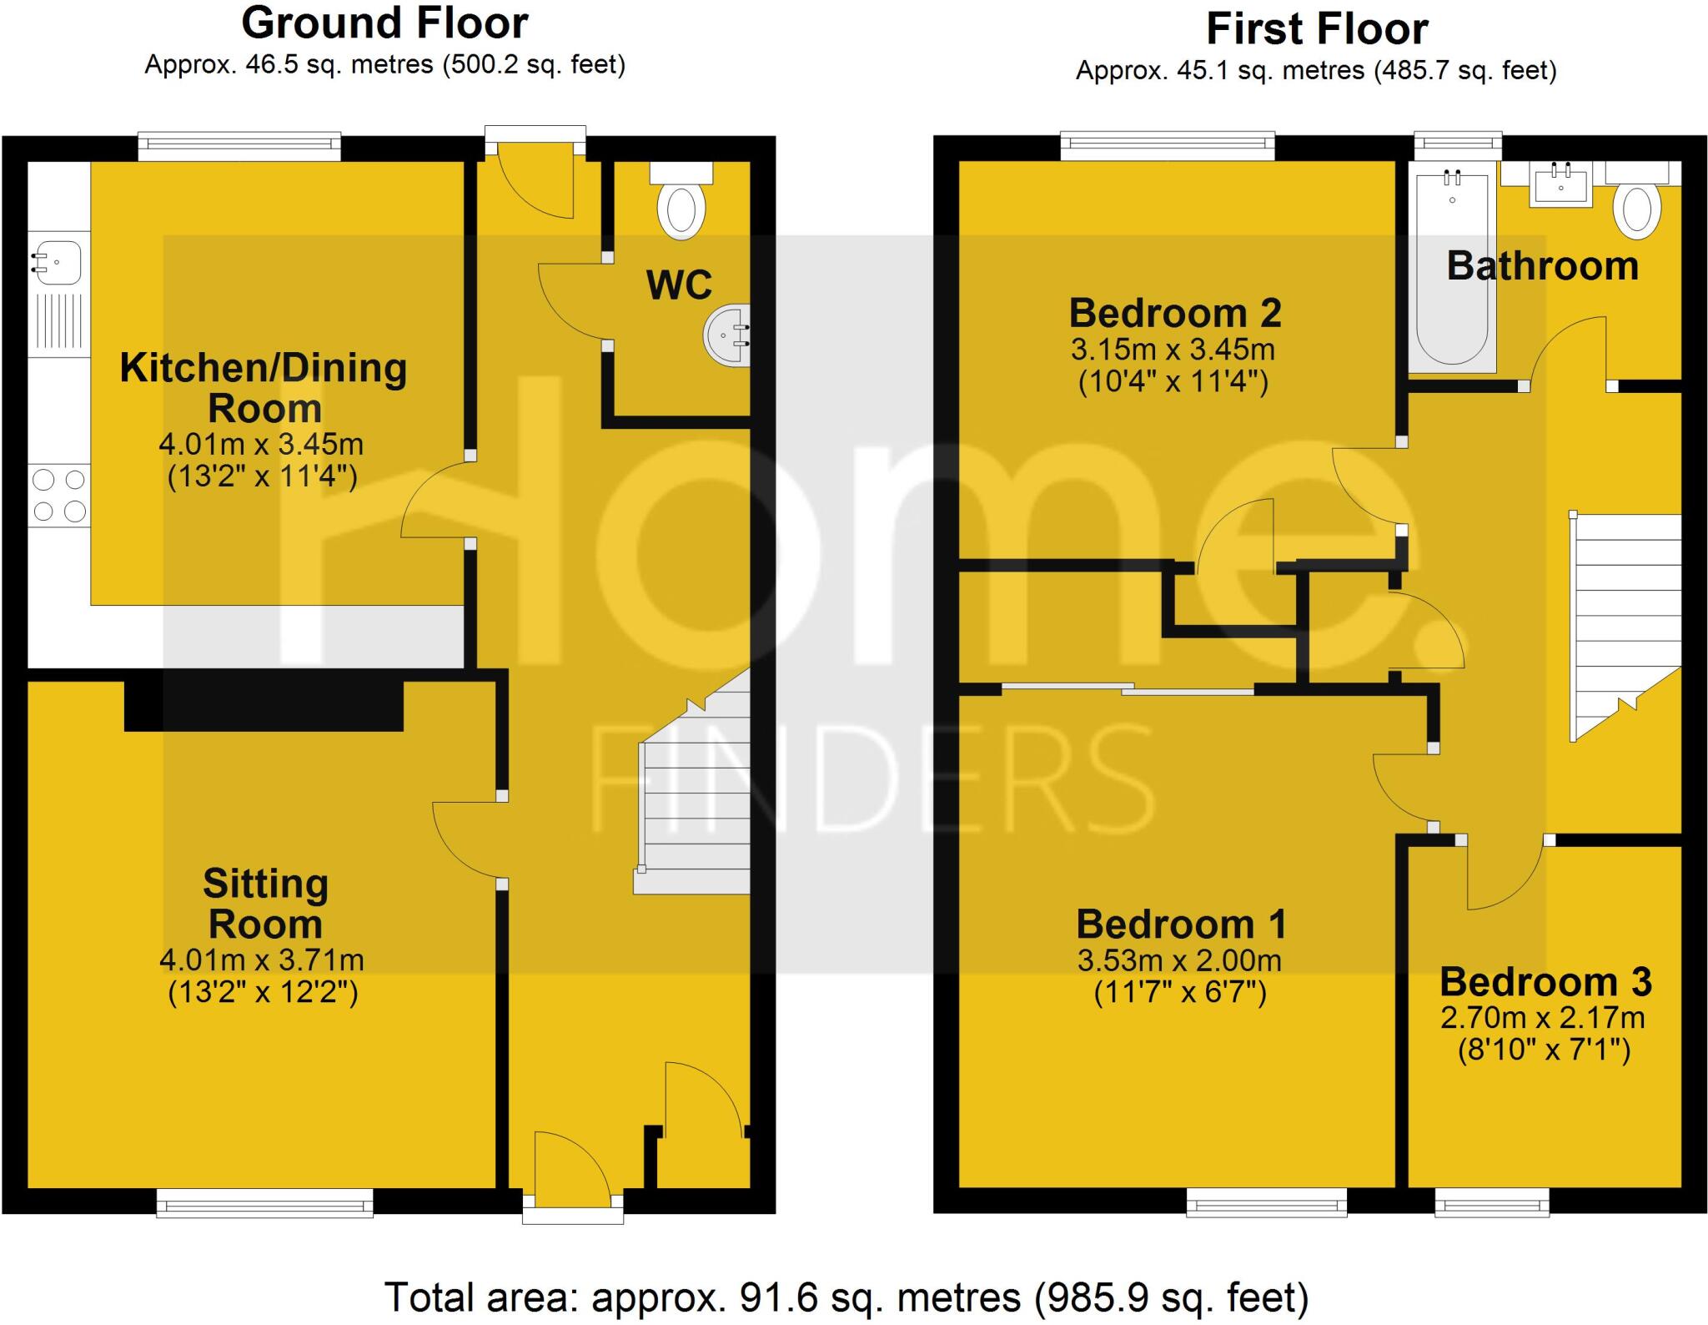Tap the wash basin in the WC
point(727,335)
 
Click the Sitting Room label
point(265,904)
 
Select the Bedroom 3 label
point(1545,982)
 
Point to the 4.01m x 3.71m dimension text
point(262,960)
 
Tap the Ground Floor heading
point(384,23)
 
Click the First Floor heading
point(1316,30)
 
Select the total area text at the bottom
point(846,1297)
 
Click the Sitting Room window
point(264,1203)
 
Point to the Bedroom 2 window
point(1168,146)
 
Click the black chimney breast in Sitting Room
point(264,706)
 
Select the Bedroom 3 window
point(1491,1203)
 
